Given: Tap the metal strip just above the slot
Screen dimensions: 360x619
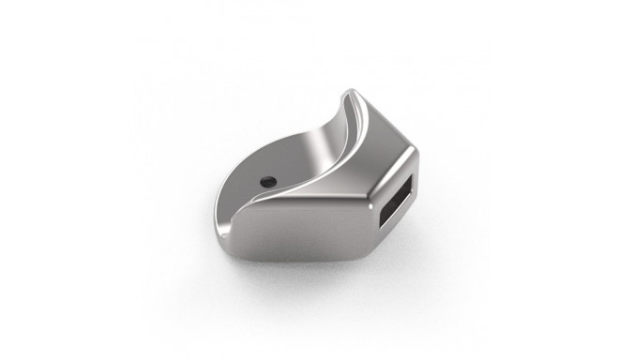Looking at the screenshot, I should click(x=399, y=169).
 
